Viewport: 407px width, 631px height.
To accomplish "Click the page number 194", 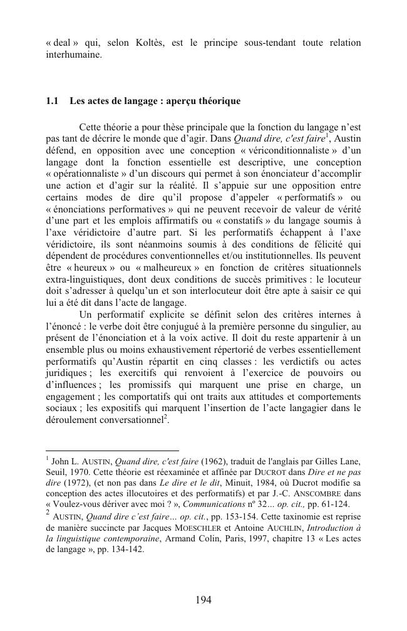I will (x=203, y=600).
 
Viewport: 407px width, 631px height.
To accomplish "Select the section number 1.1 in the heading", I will (x=52, y=101).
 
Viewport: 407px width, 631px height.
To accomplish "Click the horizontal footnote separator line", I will (x=113, y=450).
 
